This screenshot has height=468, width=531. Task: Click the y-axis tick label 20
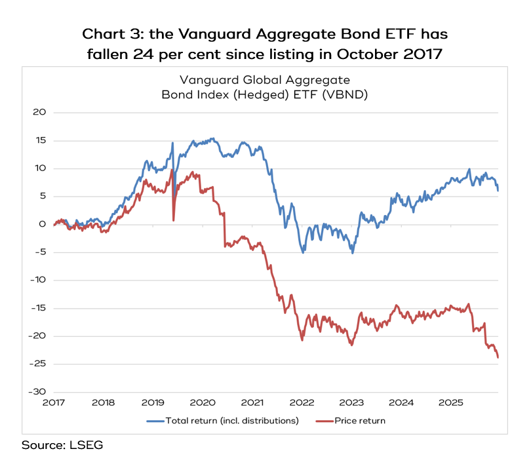coord(39,112)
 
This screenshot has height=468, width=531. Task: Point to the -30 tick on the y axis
coord(37,392)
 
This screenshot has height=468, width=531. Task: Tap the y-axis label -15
coord(38,308)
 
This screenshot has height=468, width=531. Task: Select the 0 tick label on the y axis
coord(43,224)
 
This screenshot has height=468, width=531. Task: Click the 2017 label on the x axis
coord(54,402)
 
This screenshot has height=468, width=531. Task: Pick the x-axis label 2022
coord(302,402)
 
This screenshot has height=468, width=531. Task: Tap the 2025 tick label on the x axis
coord(451,402)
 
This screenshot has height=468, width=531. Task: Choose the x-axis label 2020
coord(203,402)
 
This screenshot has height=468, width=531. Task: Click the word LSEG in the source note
coord(86,445)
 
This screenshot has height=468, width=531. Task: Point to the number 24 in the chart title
coord(144,54)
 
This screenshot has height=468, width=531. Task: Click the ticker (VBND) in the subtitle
coord(345,94)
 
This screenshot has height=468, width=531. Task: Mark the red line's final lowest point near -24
coord(498,357)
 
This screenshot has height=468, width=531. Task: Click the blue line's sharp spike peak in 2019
coord(172,143)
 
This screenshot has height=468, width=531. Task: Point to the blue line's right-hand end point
coord(498,191)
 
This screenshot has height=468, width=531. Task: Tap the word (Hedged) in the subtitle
coord(261,94)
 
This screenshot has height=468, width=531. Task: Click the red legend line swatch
coord(324,421)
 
